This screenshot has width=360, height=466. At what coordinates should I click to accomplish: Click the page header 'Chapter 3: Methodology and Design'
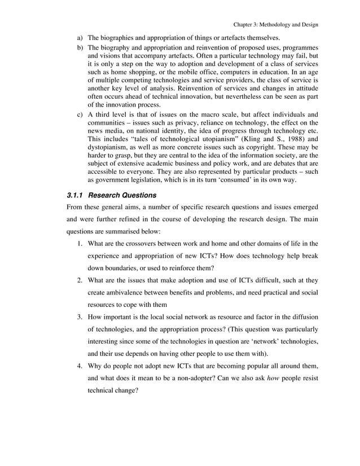[275, 24]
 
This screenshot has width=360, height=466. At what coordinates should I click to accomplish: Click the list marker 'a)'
[80, 38]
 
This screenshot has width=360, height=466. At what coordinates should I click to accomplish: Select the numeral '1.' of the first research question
[81, 244]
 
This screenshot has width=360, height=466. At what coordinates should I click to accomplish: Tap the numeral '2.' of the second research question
[81, 280]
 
